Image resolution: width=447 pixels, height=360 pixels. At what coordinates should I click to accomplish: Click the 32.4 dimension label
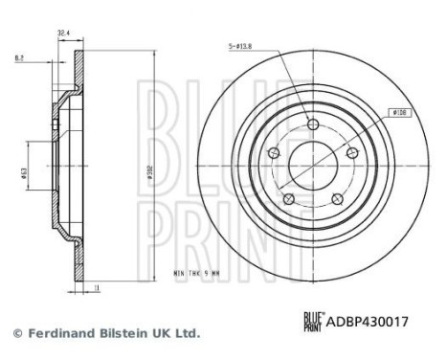[x=64, y=33]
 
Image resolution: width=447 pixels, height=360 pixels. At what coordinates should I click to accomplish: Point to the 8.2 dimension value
[x=19, y=56]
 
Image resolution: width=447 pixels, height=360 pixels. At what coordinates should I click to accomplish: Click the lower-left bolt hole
[x=287, y=198]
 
